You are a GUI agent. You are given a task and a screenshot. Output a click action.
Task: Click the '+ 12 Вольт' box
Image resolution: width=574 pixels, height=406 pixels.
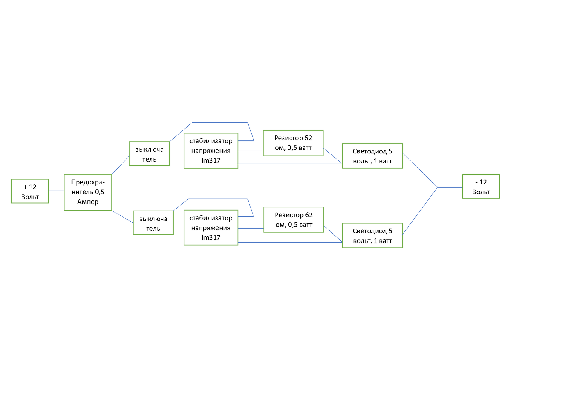point(30,191)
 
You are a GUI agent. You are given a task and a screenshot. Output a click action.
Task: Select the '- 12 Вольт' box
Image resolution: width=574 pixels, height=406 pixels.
point(481,186)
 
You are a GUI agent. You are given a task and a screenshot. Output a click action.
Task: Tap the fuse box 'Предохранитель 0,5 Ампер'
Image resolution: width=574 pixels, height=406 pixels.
point(88,192)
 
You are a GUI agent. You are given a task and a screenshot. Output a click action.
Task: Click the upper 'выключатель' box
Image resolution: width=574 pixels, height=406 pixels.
point(149,154)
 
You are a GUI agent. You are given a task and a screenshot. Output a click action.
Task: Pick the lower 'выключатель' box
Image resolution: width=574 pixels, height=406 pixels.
point(153,223)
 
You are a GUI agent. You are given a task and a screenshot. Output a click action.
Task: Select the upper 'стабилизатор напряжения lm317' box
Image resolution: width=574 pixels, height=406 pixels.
point(211,151)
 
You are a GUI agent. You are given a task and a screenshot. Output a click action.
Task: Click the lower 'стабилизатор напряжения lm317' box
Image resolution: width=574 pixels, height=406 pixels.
point(211,228)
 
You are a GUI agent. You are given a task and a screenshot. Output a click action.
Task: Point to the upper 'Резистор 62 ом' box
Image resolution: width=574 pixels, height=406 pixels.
point(293,143)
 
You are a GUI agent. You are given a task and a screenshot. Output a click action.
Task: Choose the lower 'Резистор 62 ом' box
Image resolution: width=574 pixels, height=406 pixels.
point(294,220)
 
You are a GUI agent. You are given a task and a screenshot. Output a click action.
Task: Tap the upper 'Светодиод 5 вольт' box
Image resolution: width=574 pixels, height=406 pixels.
point(372,156)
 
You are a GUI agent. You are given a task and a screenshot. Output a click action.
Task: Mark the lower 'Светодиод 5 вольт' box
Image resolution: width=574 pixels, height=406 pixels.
point(372,236)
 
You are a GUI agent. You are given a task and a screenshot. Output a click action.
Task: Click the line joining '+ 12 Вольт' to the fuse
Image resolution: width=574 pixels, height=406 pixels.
point(56,191)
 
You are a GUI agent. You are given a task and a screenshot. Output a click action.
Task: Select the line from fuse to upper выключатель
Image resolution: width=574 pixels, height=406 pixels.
point(120,165)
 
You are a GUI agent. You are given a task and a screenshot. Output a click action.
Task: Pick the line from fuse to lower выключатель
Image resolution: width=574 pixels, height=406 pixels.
point(122,217)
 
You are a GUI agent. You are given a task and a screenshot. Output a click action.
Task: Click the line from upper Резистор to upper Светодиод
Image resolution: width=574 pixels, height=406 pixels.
point(333,156)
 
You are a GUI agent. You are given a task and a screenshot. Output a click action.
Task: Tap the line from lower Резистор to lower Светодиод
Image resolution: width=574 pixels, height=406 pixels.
point(333,234)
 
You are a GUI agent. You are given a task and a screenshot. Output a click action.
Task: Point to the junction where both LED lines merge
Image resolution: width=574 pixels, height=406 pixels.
point(438,187)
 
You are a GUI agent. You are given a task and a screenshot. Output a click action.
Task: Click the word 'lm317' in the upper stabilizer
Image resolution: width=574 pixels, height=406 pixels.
point(211,161)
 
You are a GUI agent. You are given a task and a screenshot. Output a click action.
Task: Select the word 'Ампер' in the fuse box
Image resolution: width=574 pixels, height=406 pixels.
point(88,202)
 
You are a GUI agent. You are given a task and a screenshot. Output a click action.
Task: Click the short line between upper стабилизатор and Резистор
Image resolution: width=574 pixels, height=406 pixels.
point(250,151)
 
